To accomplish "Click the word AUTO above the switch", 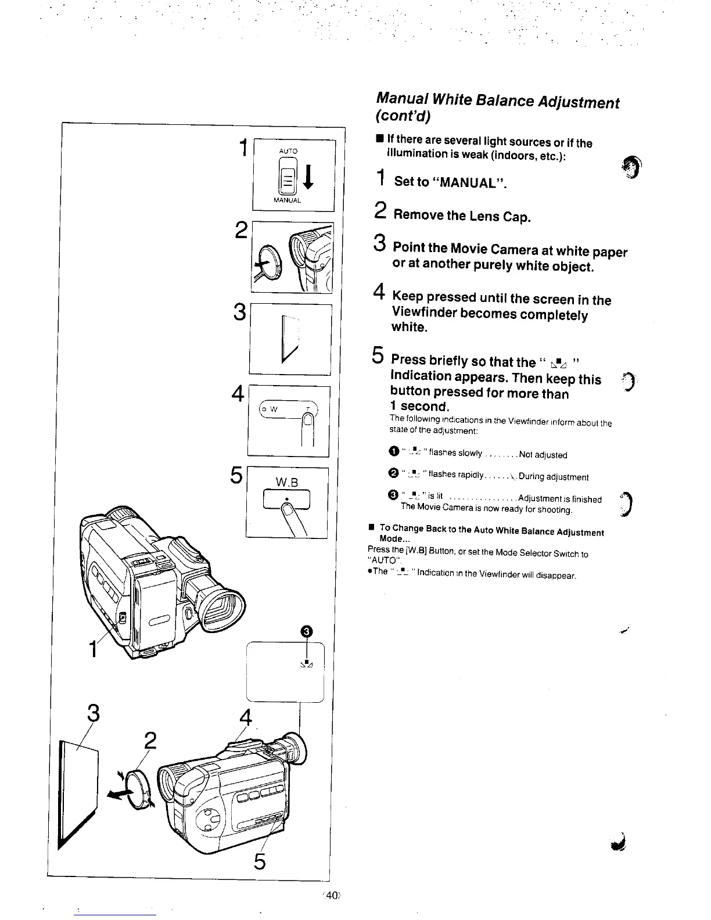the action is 288,151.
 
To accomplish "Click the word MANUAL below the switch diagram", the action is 289,200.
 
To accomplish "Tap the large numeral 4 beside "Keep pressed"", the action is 380,290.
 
